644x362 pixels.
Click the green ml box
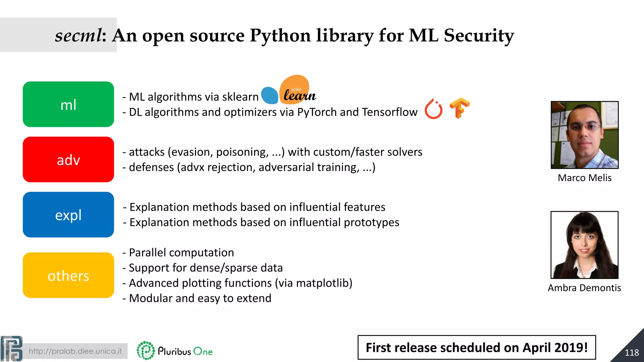68,104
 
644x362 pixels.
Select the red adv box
68,159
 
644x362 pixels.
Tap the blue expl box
68,215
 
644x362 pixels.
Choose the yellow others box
68,275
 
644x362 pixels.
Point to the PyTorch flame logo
433,109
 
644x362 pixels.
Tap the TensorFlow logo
459,108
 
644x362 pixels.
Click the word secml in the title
78,35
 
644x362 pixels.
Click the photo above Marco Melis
585,135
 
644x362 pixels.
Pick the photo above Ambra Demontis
584,245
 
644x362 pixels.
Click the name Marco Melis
585,178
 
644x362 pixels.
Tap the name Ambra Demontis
584,288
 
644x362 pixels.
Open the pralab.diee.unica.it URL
75,351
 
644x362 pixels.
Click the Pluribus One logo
175,351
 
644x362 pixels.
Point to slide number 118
631,353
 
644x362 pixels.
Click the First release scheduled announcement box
476,348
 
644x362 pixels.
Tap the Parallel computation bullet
181,253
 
